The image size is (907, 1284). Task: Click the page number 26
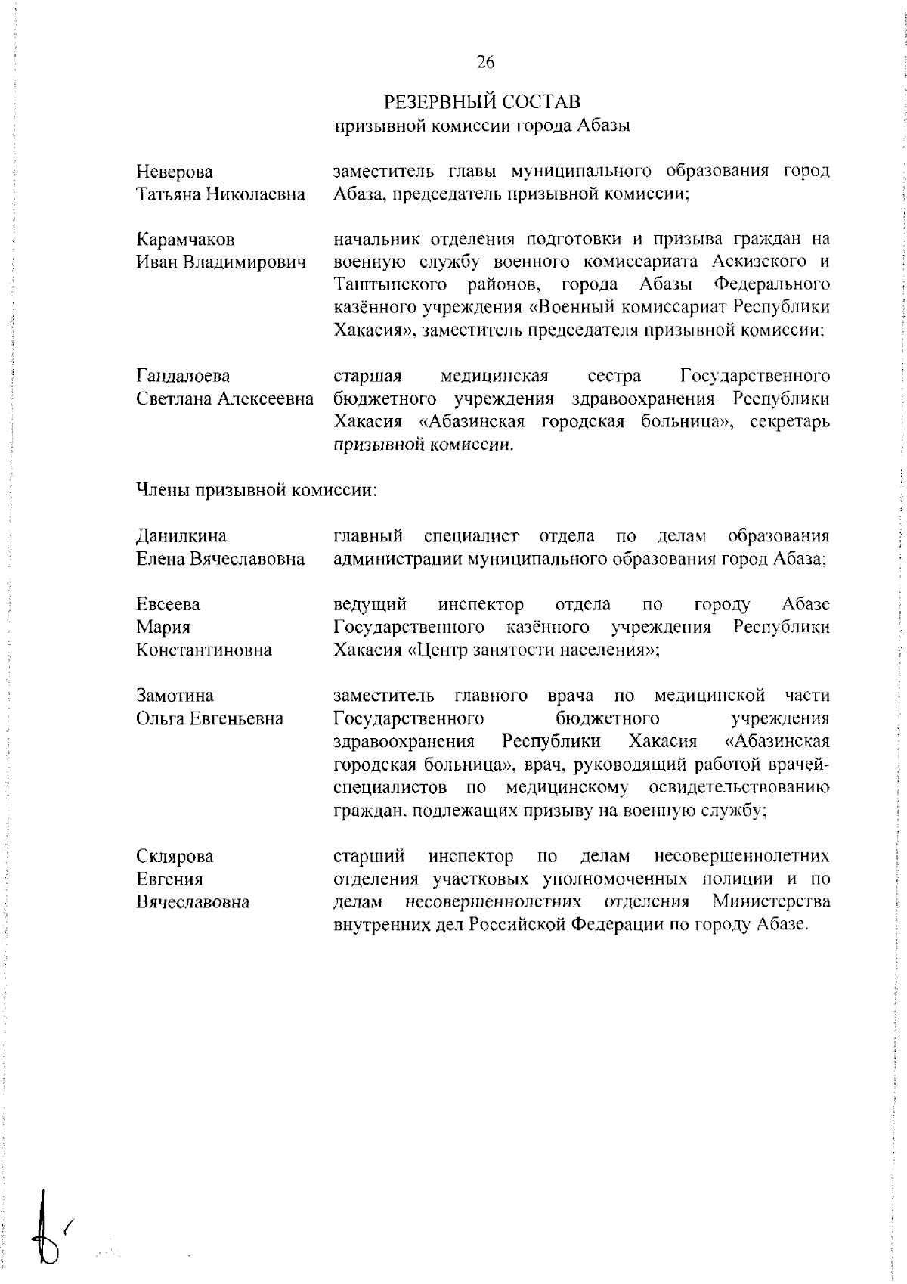tap(484, 63)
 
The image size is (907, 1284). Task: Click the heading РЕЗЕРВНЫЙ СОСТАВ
tap(482, 101)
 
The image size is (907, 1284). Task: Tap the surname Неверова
tap(174, 172)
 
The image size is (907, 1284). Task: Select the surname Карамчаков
tap(185, 240)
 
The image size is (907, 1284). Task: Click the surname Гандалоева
tap(183, 376)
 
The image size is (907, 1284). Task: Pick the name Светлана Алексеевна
tap(224, 399)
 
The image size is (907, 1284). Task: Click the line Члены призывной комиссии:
tap(256, 490)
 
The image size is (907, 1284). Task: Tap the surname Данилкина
tap(181, 536)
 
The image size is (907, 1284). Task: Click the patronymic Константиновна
tap(203, 650)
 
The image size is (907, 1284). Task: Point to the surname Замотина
tap(175, 696)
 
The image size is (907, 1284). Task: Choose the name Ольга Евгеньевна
tap(209, 718)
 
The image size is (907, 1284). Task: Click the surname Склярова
tap(175, 856)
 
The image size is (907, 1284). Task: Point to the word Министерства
tap(770, 902)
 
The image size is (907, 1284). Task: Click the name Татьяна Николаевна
tap(220, 195)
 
